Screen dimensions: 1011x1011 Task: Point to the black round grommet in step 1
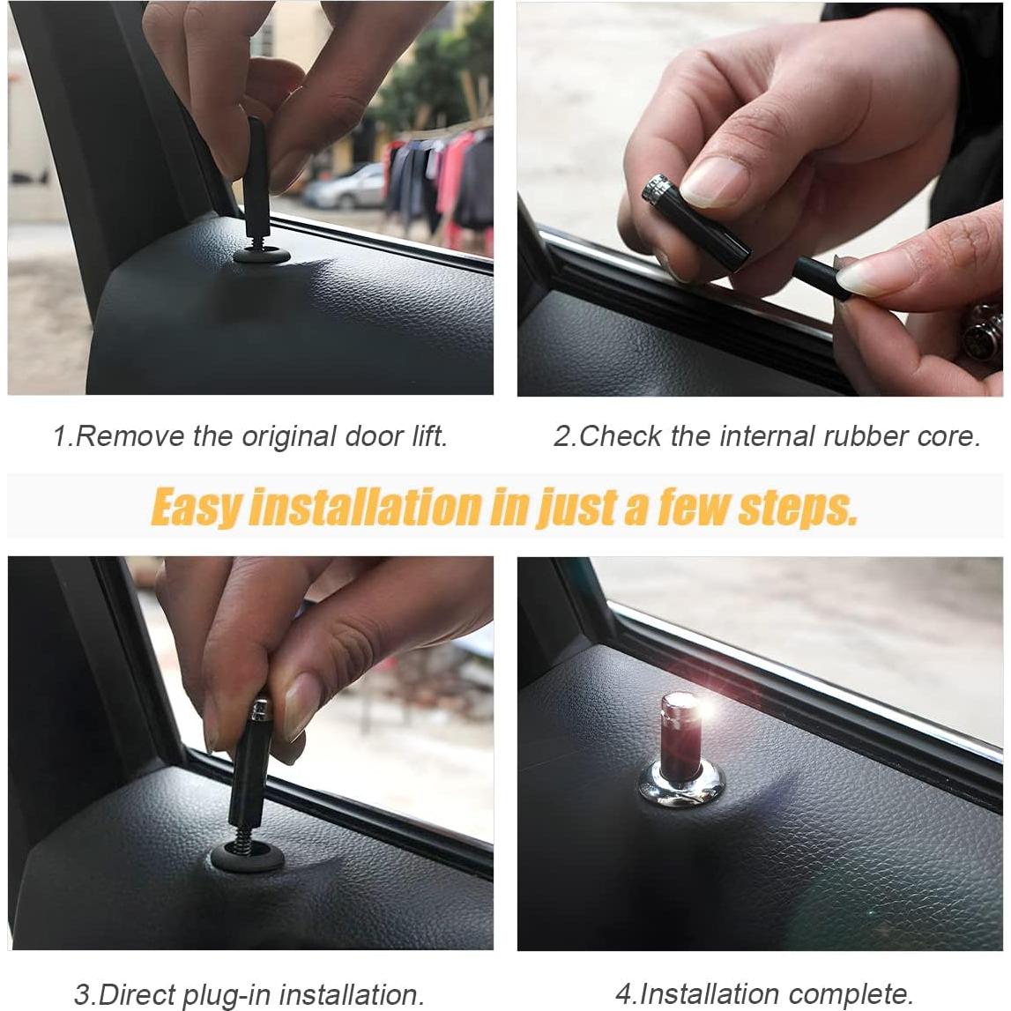click(262, 256)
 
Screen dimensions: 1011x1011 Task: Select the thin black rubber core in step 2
click(815, 279)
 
